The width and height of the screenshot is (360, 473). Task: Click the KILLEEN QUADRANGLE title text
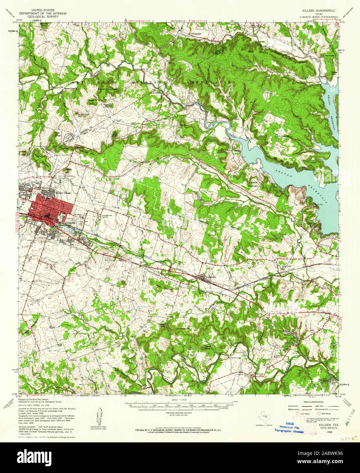[x=316, y=11]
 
